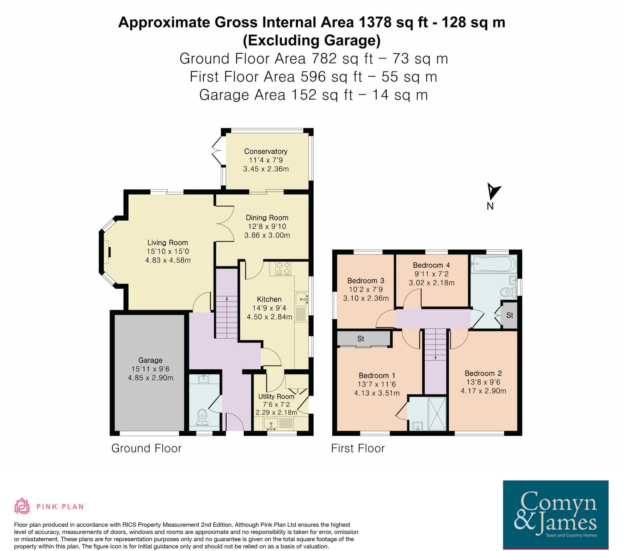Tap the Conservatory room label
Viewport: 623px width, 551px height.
pyautogui.click(x=266, y=151)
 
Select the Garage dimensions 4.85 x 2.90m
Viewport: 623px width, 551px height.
pyautogui.click(x=150, y=378)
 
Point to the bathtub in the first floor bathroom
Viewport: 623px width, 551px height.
pyautogui.click(x=494, y=263)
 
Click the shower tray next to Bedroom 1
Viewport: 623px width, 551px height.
pyautogui.click(x=437, y=414)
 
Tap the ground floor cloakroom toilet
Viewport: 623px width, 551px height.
pyautogui.click(x=202, y=417)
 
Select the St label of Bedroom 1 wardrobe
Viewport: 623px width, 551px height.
pyautogui.click(x=360, y=338)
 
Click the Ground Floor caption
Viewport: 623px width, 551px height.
pyautogui.click(x=146, y=448)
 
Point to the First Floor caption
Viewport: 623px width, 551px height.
pyautogui.click(x=358, y=448)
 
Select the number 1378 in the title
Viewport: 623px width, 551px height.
pyautogui.click(x=375, y=22)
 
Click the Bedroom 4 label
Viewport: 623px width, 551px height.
pyautogui.click(x=431, y=265)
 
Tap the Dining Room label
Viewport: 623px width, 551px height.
pyautogui.click(x=267, y=218)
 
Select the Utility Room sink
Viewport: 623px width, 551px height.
pyautogui.click(x=271, y=424)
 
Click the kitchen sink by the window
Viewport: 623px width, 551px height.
pyautogui.click(x=302, y=299)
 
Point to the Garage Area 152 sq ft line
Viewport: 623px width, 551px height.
pyautogui.click(x=313, y=95)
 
